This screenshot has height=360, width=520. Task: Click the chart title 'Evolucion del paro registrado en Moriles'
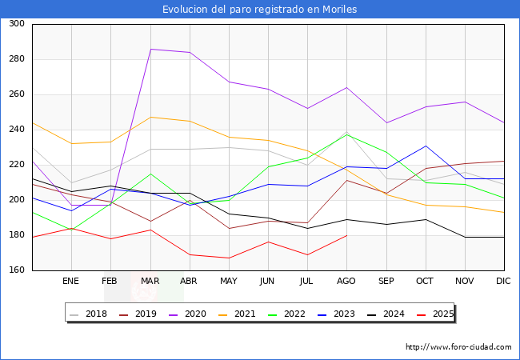coord(260,10)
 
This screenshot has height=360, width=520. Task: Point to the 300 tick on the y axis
coord(16,24)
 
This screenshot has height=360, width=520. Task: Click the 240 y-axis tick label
coord(16,130)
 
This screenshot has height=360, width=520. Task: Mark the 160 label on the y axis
coord(16,270)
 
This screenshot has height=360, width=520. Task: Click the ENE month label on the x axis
coord(71,282)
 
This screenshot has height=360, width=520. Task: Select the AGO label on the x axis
coord(346,282)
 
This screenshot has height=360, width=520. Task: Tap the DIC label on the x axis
coord(503,282)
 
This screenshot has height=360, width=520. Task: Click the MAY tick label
coord(229,282)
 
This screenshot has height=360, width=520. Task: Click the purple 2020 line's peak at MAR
coord(150,50)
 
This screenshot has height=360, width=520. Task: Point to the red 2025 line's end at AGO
coord(346,235)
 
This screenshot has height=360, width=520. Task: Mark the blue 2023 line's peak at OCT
coord(425,146)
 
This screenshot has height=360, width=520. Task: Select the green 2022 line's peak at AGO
coord(346,134)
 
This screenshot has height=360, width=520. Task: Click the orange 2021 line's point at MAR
coord(150,117)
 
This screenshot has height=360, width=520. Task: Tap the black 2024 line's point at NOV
coord(464,237)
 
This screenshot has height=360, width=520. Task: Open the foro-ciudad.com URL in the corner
coord(458,347)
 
